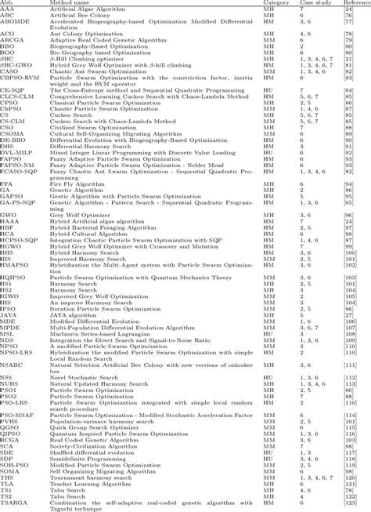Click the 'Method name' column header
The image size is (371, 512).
[x=68, y=3]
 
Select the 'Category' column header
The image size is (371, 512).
[x=275, y=3]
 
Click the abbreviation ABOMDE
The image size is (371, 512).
[x=15, y=24]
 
